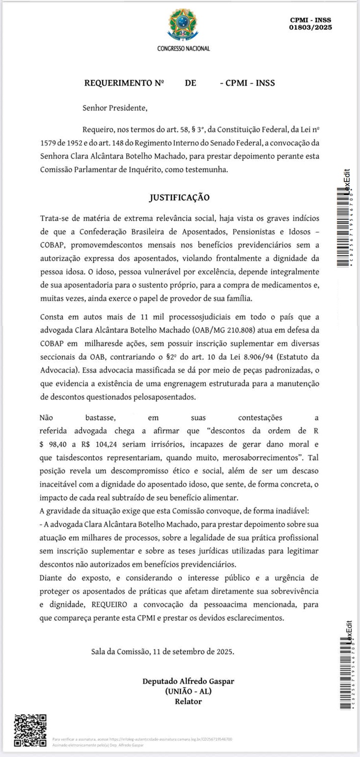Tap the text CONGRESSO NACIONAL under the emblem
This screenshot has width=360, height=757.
[x=183, y=49]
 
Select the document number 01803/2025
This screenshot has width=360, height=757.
[x=310, y=27]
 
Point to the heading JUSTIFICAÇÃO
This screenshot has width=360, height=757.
[x=179, y=197]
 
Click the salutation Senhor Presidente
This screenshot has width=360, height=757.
[x=114, y=108]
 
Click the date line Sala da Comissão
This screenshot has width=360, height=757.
[x=163, y=652]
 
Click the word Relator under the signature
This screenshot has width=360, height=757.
[x=188, y=702]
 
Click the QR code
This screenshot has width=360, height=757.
[x=30, y=730]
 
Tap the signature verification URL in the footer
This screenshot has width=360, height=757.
[x=169, y=739]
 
